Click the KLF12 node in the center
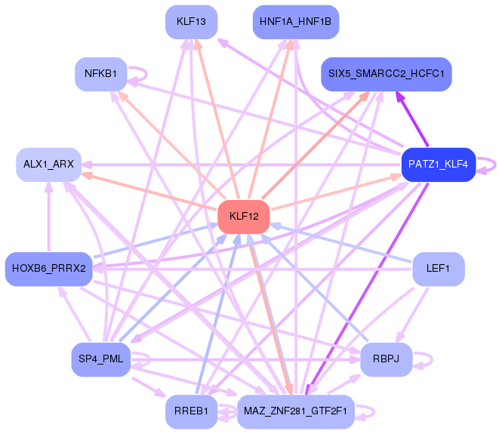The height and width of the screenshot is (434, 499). point(244,217)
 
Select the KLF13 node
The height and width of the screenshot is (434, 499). point(191,21)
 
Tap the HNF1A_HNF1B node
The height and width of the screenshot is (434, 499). point(295,21)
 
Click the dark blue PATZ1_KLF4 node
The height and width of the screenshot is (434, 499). point(438,164)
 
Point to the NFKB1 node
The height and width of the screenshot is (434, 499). point(100,74)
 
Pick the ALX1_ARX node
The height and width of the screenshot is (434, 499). point(48,164)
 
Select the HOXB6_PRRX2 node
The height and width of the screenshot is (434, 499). point(48,268)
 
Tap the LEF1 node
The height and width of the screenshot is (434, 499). point(438,268)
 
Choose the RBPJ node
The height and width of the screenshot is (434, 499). point(386,359)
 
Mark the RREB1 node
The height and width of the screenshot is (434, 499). point(191,411)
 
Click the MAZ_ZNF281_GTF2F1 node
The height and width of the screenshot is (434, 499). point(295,411)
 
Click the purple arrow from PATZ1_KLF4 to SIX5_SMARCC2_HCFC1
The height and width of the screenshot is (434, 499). point(413,120)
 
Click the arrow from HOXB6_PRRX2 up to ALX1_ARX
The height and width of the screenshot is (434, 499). point(48,219)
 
